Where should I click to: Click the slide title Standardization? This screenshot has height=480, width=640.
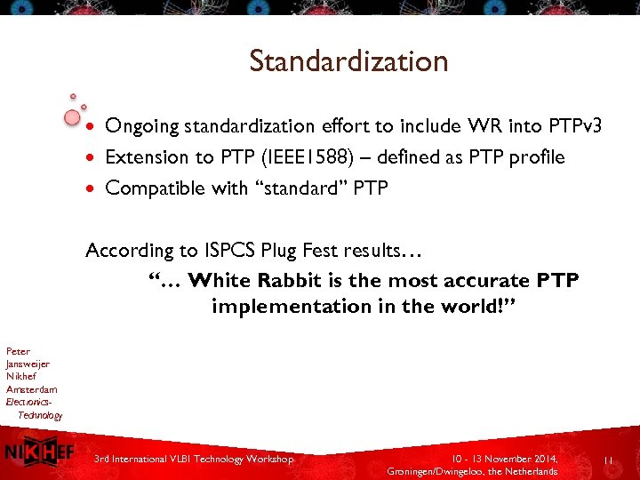(x=348, y=61)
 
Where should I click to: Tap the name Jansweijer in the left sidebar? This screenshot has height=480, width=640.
(x=28, y=364)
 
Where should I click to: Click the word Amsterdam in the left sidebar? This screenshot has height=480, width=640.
(x=31, y=389)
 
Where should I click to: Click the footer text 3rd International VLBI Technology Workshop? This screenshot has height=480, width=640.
(x=194, y=459)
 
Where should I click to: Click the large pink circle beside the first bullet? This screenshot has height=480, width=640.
(x=73, y=117)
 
